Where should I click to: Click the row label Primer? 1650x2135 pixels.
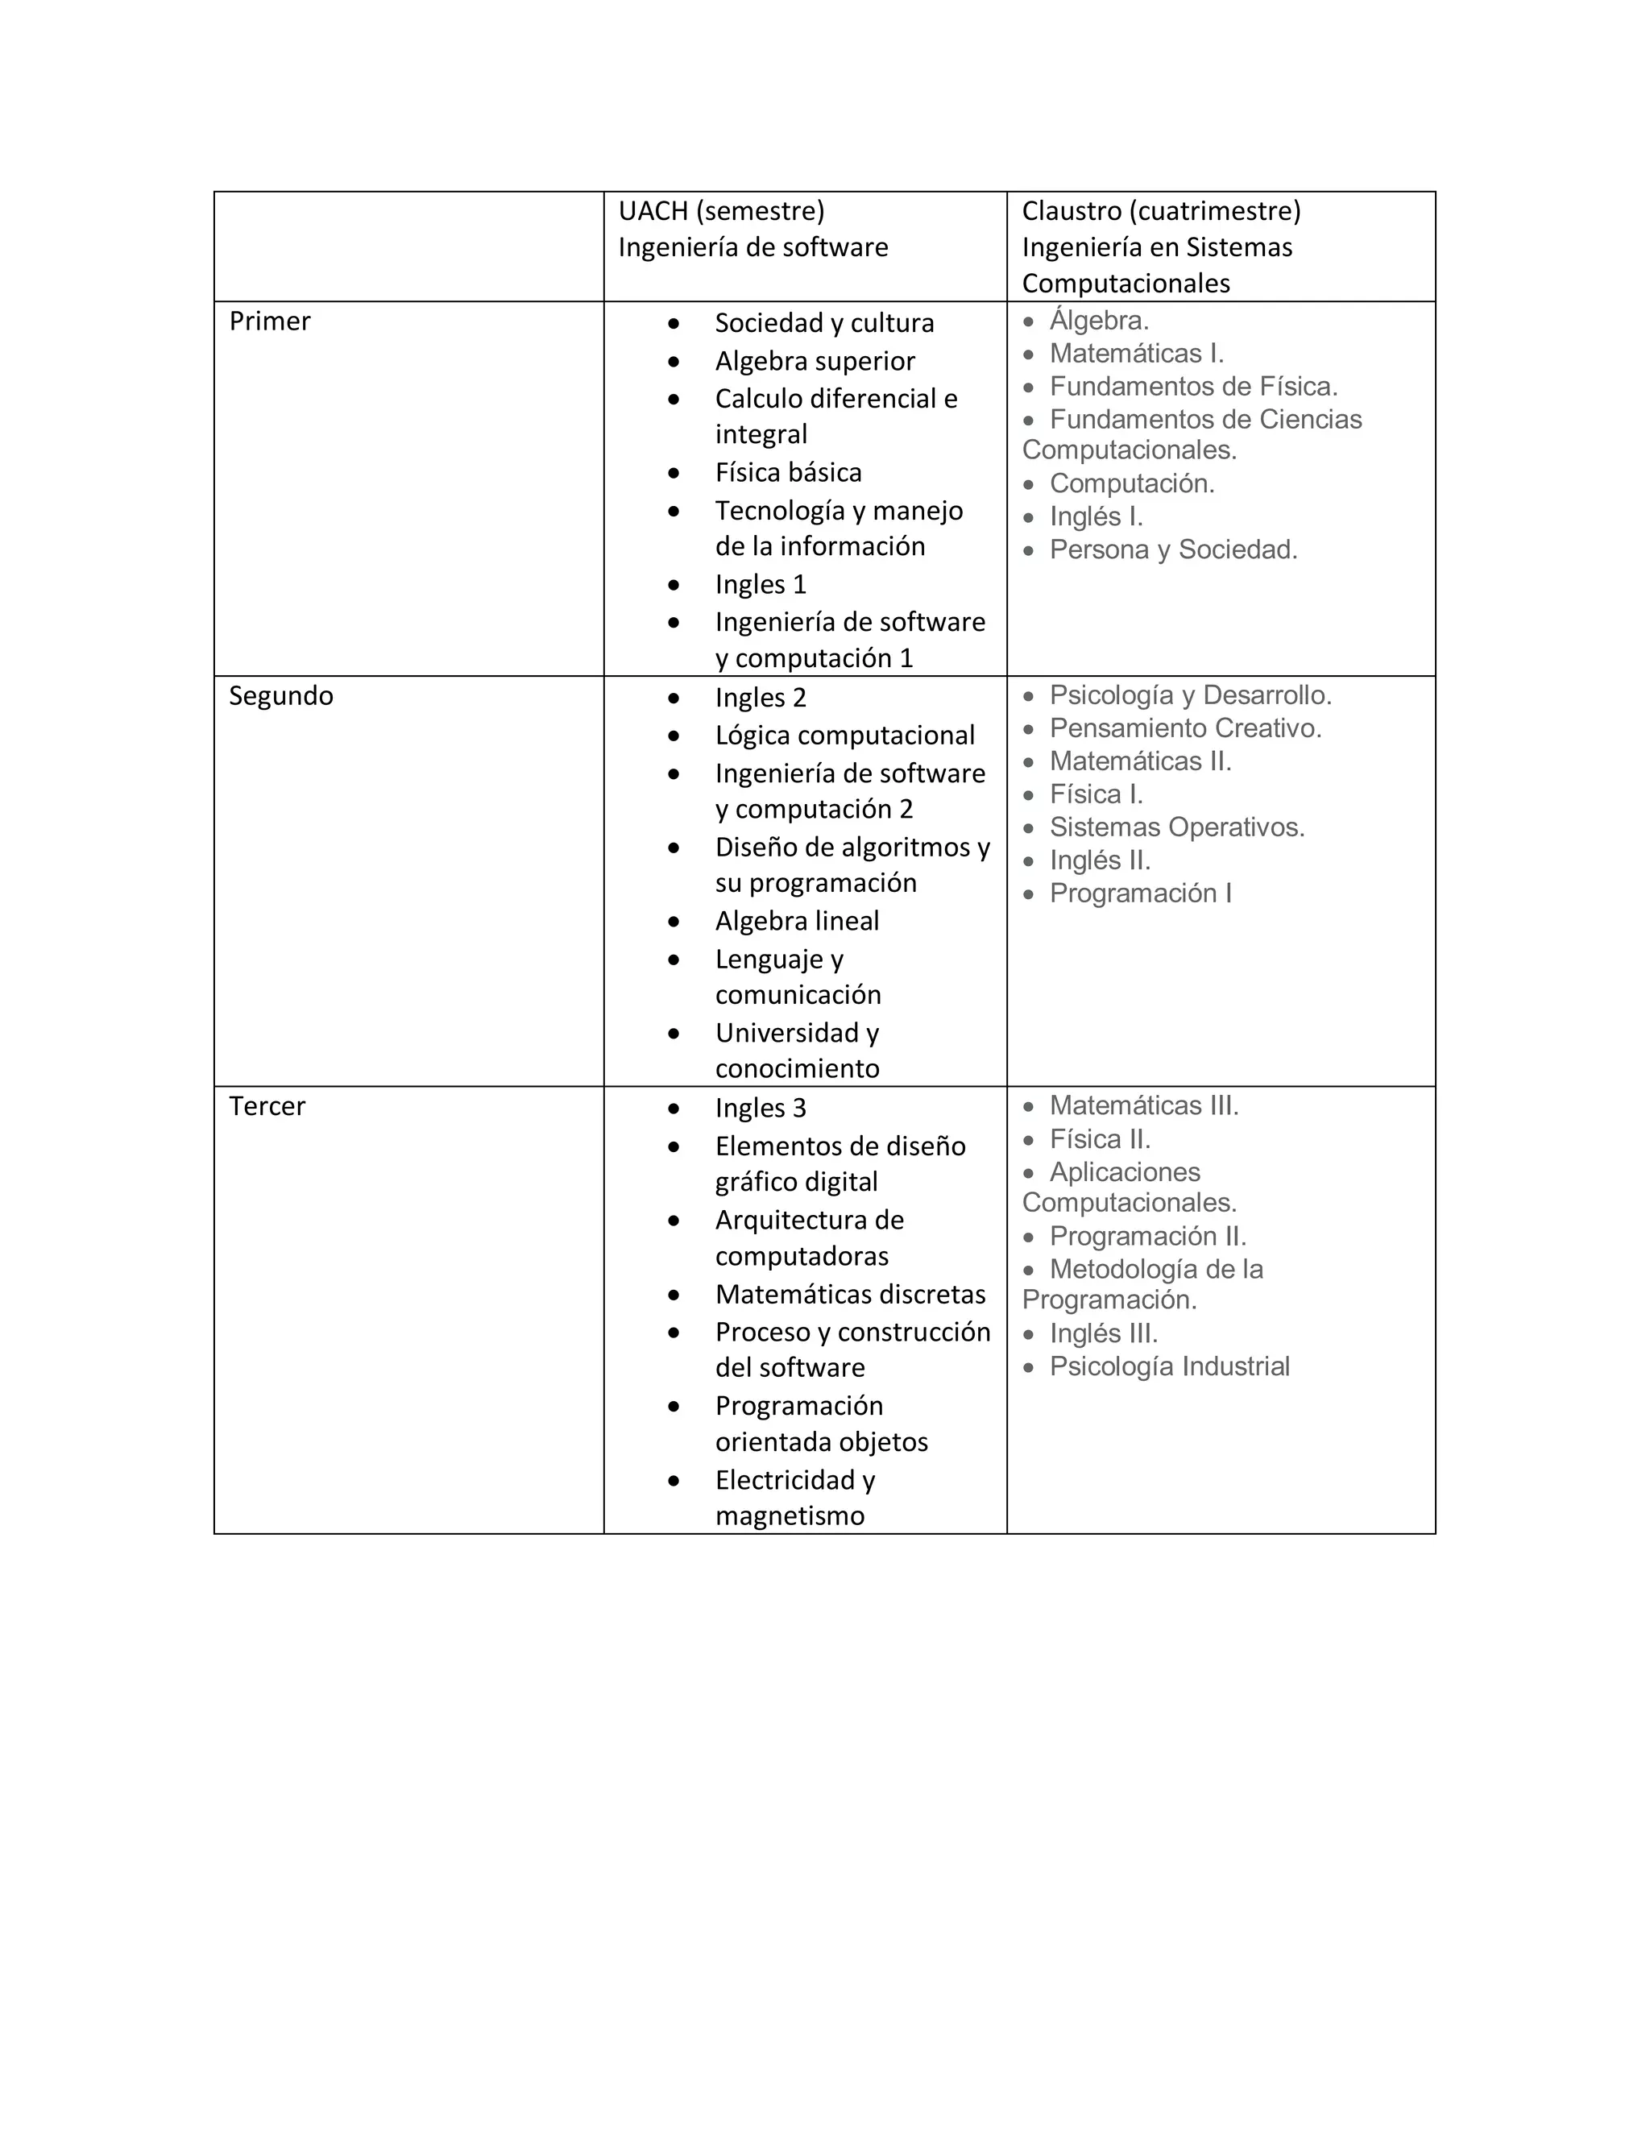[270, 321]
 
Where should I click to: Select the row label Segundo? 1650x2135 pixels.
[280, 696]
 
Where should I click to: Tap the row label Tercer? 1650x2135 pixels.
[267, 1107]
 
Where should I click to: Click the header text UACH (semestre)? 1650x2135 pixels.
[721, 211]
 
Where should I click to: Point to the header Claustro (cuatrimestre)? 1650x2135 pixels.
[1161, 211]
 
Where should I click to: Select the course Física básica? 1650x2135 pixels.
[788, 473]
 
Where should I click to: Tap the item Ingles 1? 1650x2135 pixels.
[761, 585]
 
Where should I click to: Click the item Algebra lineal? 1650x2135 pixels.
[797, 922]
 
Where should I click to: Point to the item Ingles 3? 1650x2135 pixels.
[761, 1109]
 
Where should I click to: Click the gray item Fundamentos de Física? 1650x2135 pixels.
[1193, 387]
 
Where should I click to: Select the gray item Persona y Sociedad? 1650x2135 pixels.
[1173, 550]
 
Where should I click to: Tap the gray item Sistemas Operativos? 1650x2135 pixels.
[1177, 828]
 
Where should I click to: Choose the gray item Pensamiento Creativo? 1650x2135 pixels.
[1184, 729]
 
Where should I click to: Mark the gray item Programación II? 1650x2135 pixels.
[1147, 1237]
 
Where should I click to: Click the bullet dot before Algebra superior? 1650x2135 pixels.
[674, 362]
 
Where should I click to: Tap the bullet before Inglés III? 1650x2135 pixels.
[1028, 1335]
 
